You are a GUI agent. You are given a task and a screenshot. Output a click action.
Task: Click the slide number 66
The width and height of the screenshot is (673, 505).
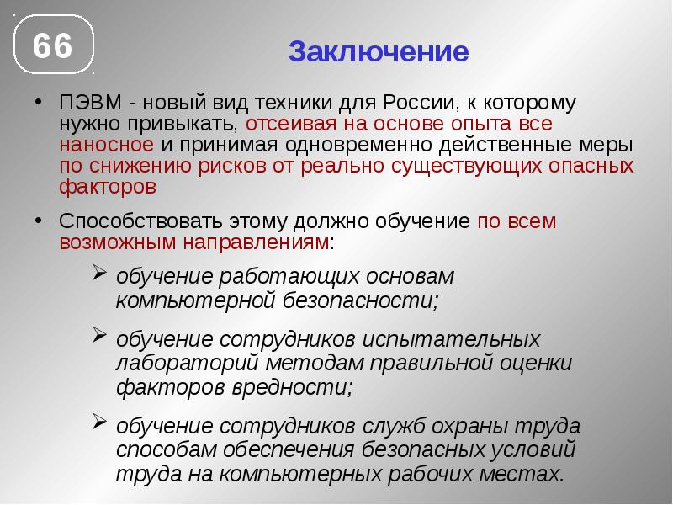(52, 46)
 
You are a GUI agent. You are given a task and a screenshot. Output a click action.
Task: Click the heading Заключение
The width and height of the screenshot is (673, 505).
(378, 52)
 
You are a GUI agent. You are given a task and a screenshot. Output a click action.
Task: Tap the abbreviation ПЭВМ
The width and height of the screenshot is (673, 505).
(88, 104)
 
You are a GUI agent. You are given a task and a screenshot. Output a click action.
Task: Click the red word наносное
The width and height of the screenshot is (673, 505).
(99, 145)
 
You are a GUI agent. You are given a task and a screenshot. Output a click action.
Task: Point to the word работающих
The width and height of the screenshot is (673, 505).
(274, 276)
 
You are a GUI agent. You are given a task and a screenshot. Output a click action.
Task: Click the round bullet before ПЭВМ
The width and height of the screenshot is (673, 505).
(40, 101)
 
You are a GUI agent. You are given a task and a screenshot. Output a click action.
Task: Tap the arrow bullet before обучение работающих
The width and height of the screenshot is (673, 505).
(98, 273)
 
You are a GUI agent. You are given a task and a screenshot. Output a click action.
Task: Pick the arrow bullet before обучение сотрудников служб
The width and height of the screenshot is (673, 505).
(98, 422)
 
